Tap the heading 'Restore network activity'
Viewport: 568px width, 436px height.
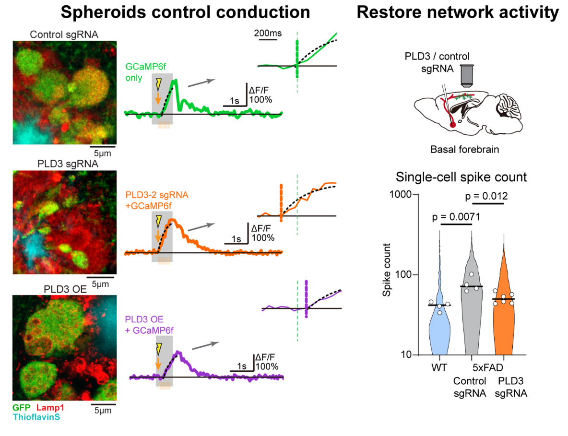458,12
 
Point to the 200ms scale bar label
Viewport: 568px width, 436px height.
268,34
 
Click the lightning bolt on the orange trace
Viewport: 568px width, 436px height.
158,221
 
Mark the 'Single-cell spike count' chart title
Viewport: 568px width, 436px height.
461,177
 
